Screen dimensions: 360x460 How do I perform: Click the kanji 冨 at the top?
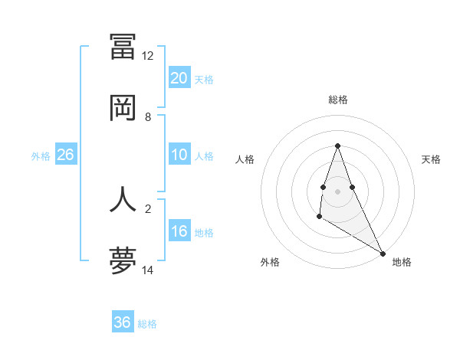[x=123, y=47]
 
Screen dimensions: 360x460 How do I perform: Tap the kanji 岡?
[x=123, y=107]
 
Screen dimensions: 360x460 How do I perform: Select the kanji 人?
[x=123, y=198]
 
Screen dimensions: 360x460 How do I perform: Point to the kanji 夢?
[x=123, y=260]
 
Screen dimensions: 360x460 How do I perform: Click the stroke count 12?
[x=148, y=56]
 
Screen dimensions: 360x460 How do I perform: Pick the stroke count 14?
[x=148, y=270]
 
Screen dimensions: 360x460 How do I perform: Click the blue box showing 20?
[x=179, y=77]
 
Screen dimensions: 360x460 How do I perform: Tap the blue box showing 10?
[x=179, y=155]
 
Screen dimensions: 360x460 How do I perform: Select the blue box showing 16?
[x=179, y=231]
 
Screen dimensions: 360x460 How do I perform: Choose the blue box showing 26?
[x=65, y=155]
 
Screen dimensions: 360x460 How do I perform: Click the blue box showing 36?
[x=123, y=322]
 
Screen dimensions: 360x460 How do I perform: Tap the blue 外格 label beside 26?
[x=41, y=156]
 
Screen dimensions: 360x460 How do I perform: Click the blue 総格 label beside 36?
[x=147, y=324]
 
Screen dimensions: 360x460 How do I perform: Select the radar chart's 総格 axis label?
[x=338, y=100]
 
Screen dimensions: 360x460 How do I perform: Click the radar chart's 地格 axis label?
[x=402, y=262]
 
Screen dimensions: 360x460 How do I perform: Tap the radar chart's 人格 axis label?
[x=245, y=159]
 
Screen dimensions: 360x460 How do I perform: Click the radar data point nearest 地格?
[x=383, y=254]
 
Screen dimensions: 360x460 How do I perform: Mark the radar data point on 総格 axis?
[x=338, y=146]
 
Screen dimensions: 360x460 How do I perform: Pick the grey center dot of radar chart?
[x=338, y=191]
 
